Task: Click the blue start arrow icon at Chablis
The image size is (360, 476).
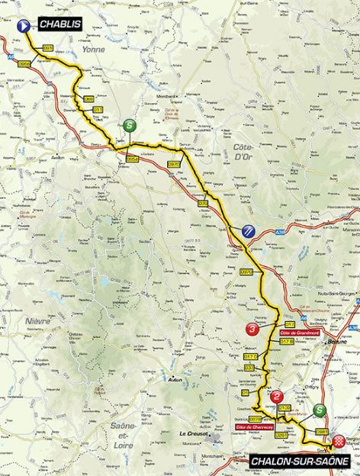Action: click(x=25, y=25)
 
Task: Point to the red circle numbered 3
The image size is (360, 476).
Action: click(x=252, y=329)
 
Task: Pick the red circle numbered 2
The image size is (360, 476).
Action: click(x=277, y=396)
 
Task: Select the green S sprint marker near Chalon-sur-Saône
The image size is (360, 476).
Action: click(x=319, y=410)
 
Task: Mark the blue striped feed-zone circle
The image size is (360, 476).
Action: click(x=247, y=230)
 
